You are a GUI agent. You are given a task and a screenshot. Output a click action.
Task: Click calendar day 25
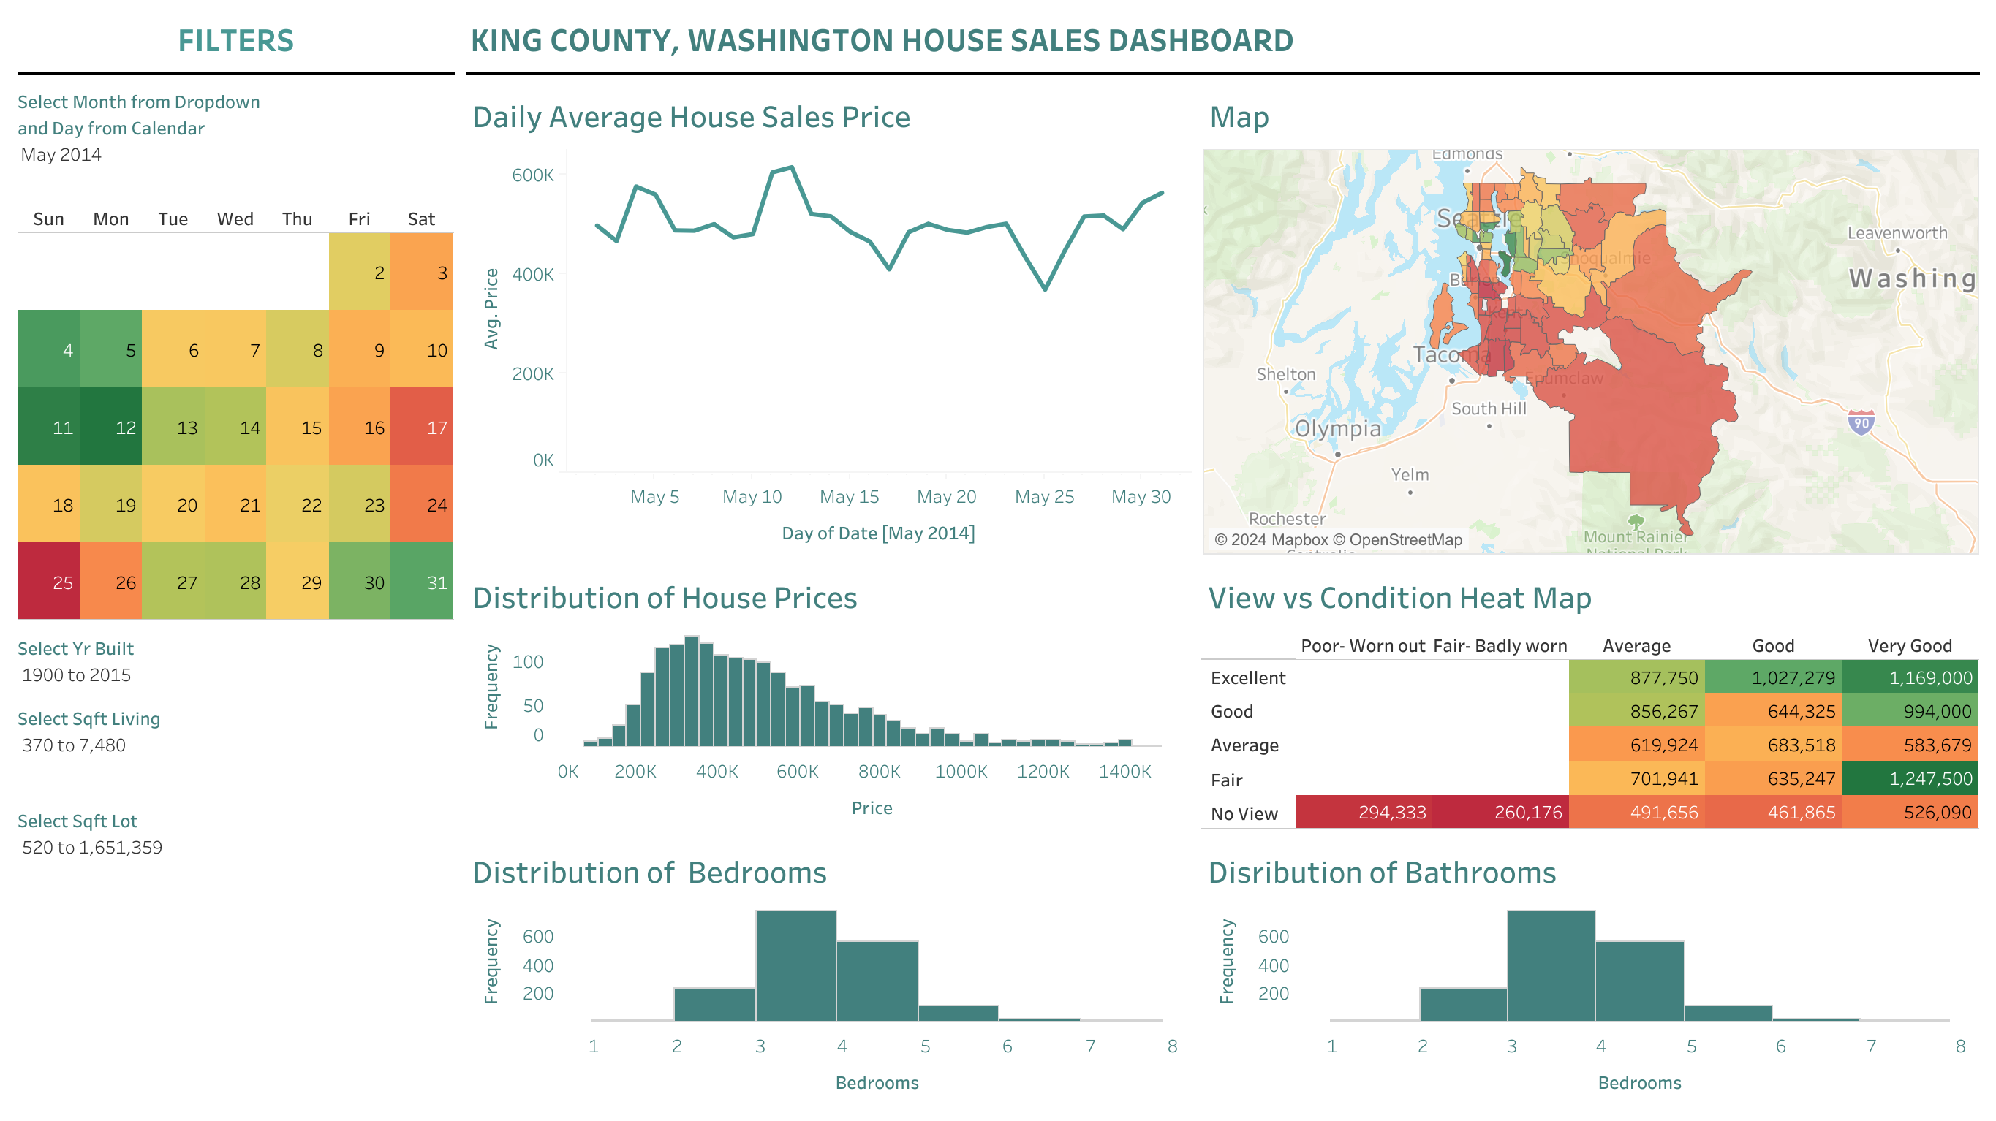click(49, 581)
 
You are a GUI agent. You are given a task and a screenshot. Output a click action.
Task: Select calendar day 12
click(111, 426)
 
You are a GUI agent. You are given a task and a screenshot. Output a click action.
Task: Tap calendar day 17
click(422, 426)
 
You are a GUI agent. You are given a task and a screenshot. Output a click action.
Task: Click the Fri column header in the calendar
click(359, 219)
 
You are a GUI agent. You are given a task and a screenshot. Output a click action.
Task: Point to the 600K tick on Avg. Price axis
click(532, 175)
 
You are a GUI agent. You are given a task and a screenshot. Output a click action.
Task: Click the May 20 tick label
click(946, 497)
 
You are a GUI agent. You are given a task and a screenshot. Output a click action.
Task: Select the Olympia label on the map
click(1337, 428)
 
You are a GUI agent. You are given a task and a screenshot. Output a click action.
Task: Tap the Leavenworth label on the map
click(1897, 233)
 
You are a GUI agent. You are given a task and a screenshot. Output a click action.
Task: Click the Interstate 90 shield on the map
click(1861, 423)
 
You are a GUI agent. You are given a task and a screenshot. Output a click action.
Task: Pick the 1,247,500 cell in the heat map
click(1910, 778)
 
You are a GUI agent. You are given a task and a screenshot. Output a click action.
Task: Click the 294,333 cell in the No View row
click(1391, 813)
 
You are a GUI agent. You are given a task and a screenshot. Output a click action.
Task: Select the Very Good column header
click(1909, 646)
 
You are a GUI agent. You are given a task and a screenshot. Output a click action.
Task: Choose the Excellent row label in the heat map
click(1247, 678)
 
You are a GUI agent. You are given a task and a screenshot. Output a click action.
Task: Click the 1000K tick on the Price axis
click(961, 772)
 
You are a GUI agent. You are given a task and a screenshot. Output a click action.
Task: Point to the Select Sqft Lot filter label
click(78, 821)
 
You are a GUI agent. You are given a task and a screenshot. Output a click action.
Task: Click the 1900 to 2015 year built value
click(77, 674)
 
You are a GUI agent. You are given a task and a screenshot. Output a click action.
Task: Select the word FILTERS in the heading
click(235, 41)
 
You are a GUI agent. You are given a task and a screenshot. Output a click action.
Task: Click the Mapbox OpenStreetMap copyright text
click(1338, 540)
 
